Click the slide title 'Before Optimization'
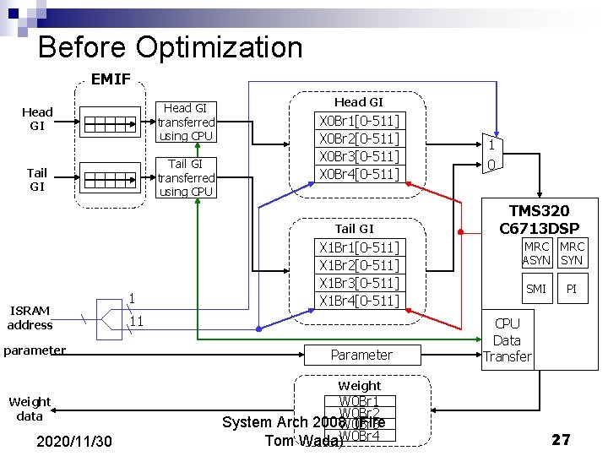[x=170, y=46]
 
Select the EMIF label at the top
[x=110, y=79]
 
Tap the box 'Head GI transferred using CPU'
[x=186, y=122]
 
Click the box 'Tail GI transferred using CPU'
[x=186, y=177]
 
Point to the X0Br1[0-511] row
[x=359, y=121]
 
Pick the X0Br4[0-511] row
[x=359, y=174]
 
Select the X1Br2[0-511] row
[x=359, y=265]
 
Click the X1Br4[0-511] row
[x=359, y=301]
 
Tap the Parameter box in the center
[x=361, y=355]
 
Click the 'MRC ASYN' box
[x=536, y=253]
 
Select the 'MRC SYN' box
[x=572, y=253]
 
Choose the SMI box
[x=536, y=289]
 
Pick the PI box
[x=572, y=289]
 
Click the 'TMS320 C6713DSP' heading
[x=539, y=220]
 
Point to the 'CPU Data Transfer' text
[x=507, y=339]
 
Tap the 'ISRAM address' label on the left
[x=30, y=318]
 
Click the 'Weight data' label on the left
[x=30, y=409]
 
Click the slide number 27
[x=561, y=439]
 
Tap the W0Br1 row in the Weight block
[x=359, y=401]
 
